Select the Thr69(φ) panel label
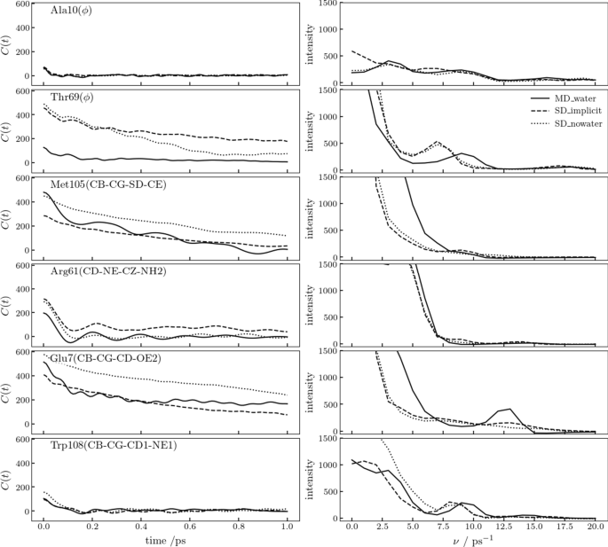click(x=75, y=99)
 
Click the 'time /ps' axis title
click(x=165, y=540)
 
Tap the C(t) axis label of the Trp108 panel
click(x=10, y=479)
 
